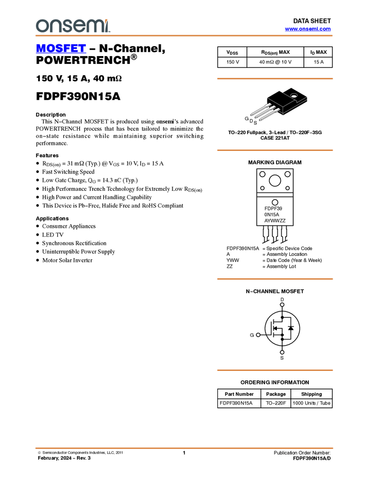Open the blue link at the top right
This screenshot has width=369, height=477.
308,29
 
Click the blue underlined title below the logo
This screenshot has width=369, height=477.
61,49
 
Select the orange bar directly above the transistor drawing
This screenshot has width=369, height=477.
275,79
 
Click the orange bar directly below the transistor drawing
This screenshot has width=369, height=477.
275,150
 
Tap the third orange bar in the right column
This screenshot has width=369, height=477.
275,279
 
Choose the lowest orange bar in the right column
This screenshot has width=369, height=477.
275,370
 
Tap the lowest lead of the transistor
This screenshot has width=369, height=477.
267,114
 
